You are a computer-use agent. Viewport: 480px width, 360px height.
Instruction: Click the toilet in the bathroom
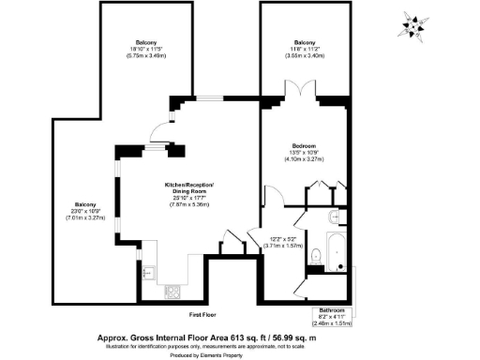click(x=316, y=252)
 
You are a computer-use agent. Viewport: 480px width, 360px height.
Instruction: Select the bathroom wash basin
click(x=335, y=217)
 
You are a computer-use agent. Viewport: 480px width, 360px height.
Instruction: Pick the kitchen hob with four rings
click(x=172, y=291)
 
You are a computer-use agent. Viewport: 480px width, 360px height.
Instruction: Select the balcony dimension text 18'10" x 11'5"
click(x=146, y=52)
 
